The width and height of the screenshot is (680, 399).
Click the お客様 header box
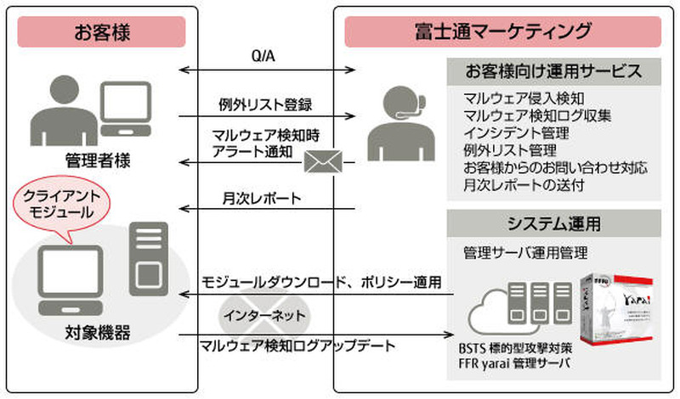(101, 32)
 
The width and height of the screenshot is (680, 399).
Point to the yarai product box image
(616, 321)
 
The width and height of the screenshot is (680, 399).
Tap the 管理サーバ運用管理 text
(524, 253)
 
